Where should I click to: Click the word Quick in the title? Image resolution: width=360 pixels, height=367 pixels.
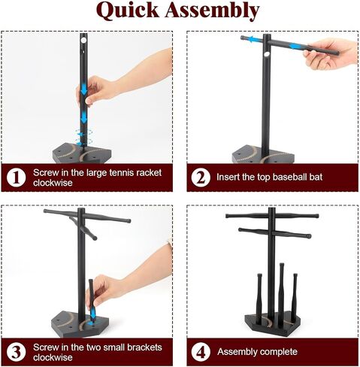pos(128,11)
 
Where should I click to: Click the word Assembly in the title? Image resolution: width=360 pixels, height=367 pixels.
pos(212,11)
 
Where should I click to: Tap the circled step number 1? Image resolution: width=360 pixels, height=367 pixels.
pos(17,177)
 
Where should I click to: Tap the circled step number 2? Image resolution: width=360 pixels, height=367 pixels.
pos(201,177)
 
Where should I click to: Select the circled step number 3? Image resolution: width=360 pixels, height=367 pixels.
pos(17,352)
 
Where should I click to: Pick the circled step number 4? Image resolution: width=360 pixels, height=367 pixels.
pos(201,352)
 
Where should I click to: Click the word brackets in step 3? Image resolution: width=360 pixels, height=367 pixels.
pos(145,347)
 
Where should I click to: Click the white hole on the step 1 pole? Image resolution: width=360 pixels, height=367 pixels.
pos(83,40)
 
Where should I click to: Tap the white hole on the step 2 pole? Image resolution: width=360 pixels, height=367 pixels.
pos(267,54)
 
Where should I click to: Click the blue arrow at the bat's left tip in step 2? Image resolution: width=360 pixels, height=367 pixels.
pos(253,39)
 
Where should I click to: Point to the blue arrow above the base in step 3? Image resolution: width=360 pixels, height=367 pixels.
pos(93,314)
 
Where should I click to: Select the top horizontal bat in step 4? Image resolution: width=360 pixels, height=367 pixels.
pos(272,216)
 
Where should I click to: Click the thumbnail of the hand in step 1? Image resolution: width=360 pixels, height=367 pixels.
pos(89,101)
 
